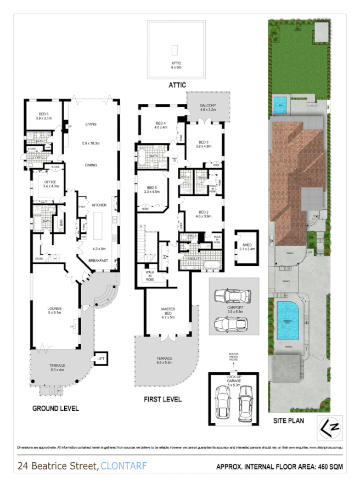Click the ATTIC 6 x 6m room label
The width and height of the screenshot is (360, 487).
pos(176,64)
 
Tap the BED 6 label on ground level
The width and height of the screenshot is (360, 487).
pos(43,116)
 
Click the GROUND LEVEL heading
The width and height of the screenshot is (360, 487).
pos(55,408)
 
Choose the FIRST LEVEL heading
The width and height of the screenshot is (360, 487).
pos(164,399)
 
